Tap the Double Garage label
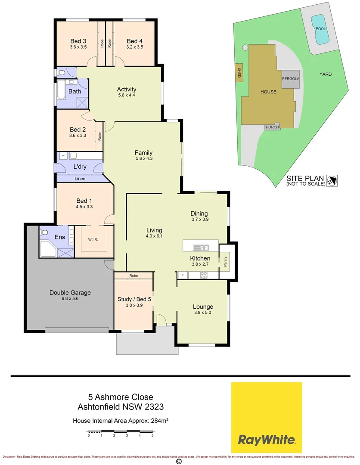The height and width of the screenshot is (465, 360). [70, 293]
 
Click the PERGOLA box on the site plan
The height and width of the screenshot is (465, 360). [291, 79]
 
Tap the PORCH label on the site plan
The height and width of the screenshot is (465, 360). [272, 127]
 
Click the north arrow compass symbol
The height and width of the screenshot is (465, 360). [332, 180]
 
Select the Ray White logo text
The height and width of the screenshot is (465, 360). [267, 440]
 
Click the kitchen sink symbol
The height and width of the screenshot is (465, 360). [201, 247]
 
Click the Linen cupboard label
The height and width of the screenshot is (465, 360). [80, 179]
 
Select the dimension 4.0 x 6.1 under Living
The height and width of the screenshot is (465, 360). [154, 236]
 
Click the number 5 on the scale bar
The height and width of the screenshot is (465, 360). [152, 435]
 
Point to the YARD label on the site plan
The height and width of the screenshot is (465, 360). [326, 74]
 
